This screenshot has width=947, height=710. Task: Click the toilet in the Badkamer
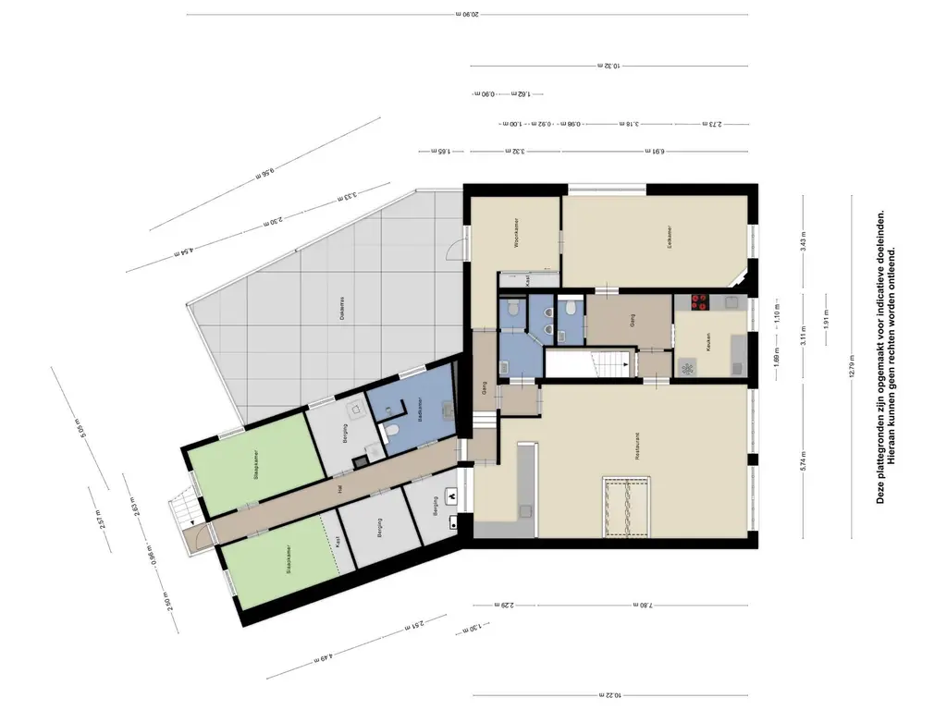(392, 430)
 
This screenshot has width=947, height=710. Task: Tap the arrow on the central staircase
(628, 364)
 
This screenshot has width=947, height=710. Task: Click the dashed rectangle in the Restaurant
(627, 506)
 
